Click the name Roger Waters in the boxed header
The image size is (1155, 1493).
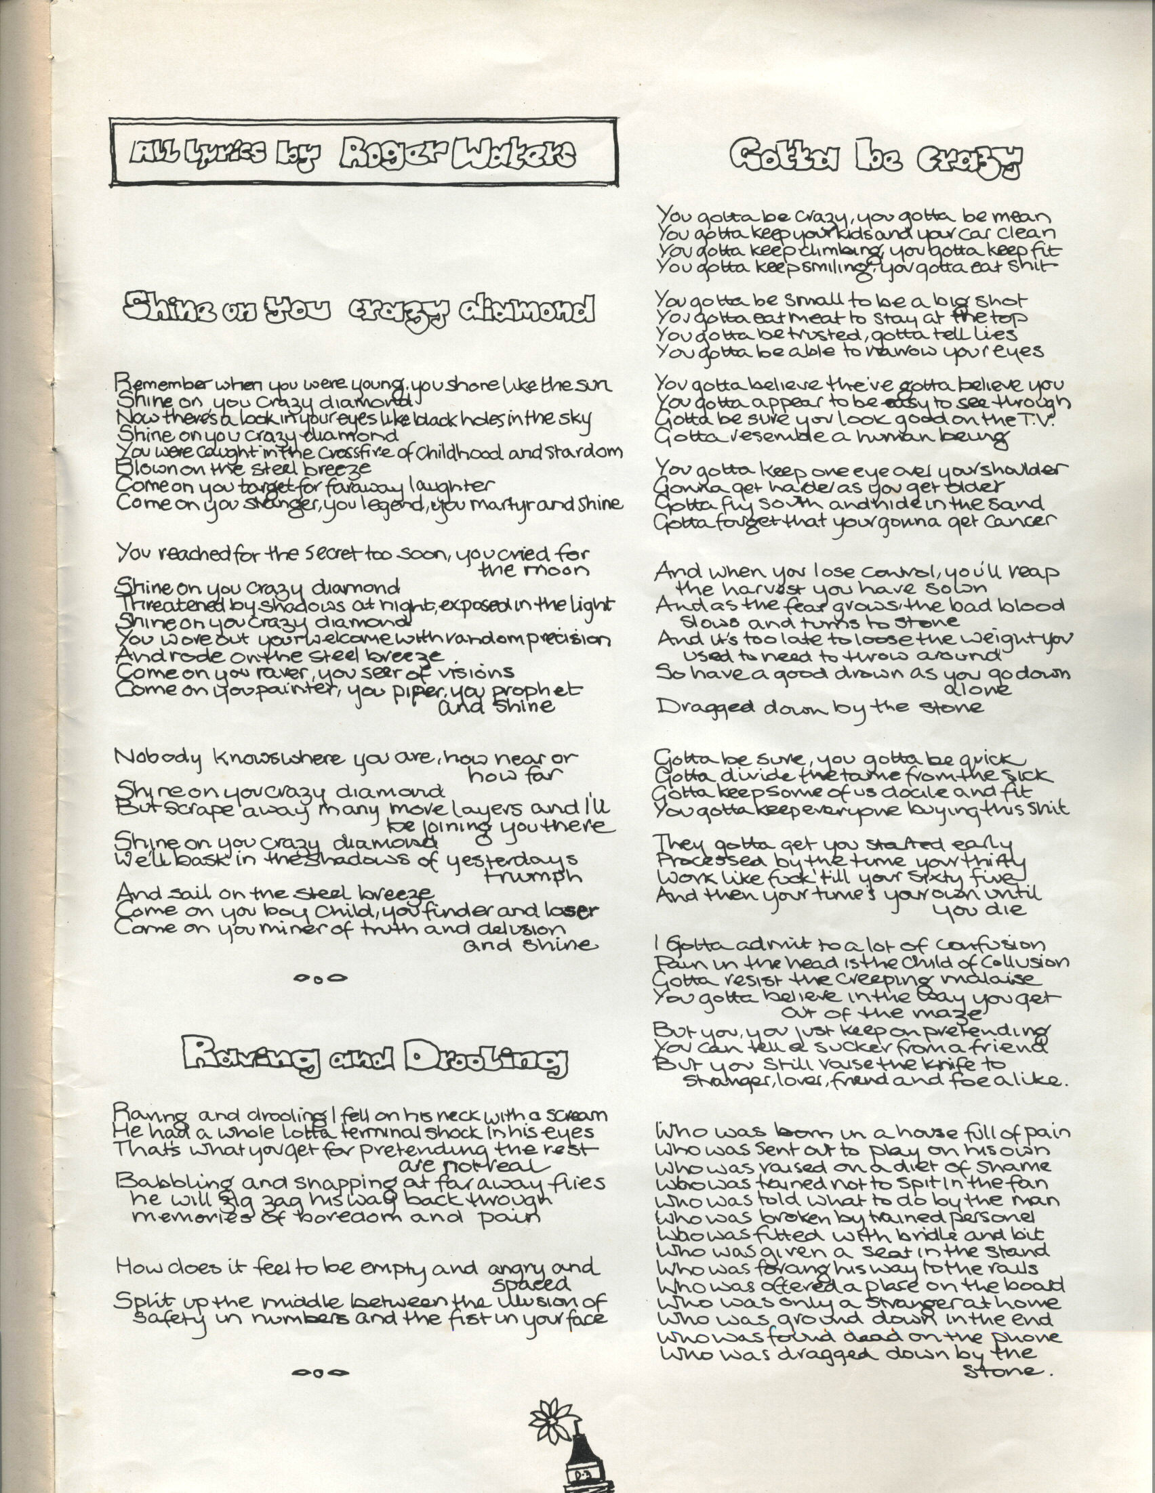coord(457,154)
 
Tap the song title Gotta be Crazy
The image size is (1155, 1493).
coord(876,159)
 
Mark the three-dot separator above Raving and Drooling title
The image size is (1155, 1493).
coord(320,979)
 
